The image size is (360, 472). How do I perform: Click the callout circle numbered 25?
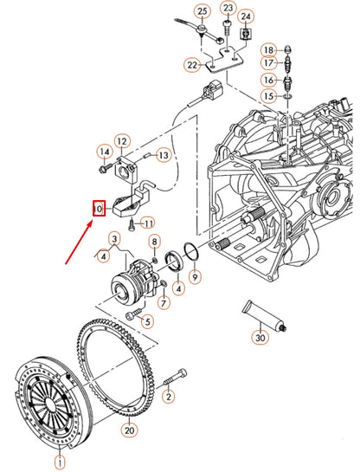[x=202, y=10]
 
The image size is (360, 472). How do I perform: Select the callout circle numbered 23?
[x=228, y=9]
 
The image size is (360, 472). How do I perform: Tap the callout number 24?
[x=246, y=16]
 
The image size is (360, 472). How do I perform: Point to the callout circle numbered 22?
[x=191, y=64]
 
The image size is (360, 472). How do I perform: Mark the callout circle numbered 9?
[x=196, y=277]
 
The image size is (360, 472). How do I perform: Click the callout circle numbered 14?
[x=104, y=152]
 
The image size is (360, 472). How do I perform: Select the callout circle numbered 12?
[x=122, y=141]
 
